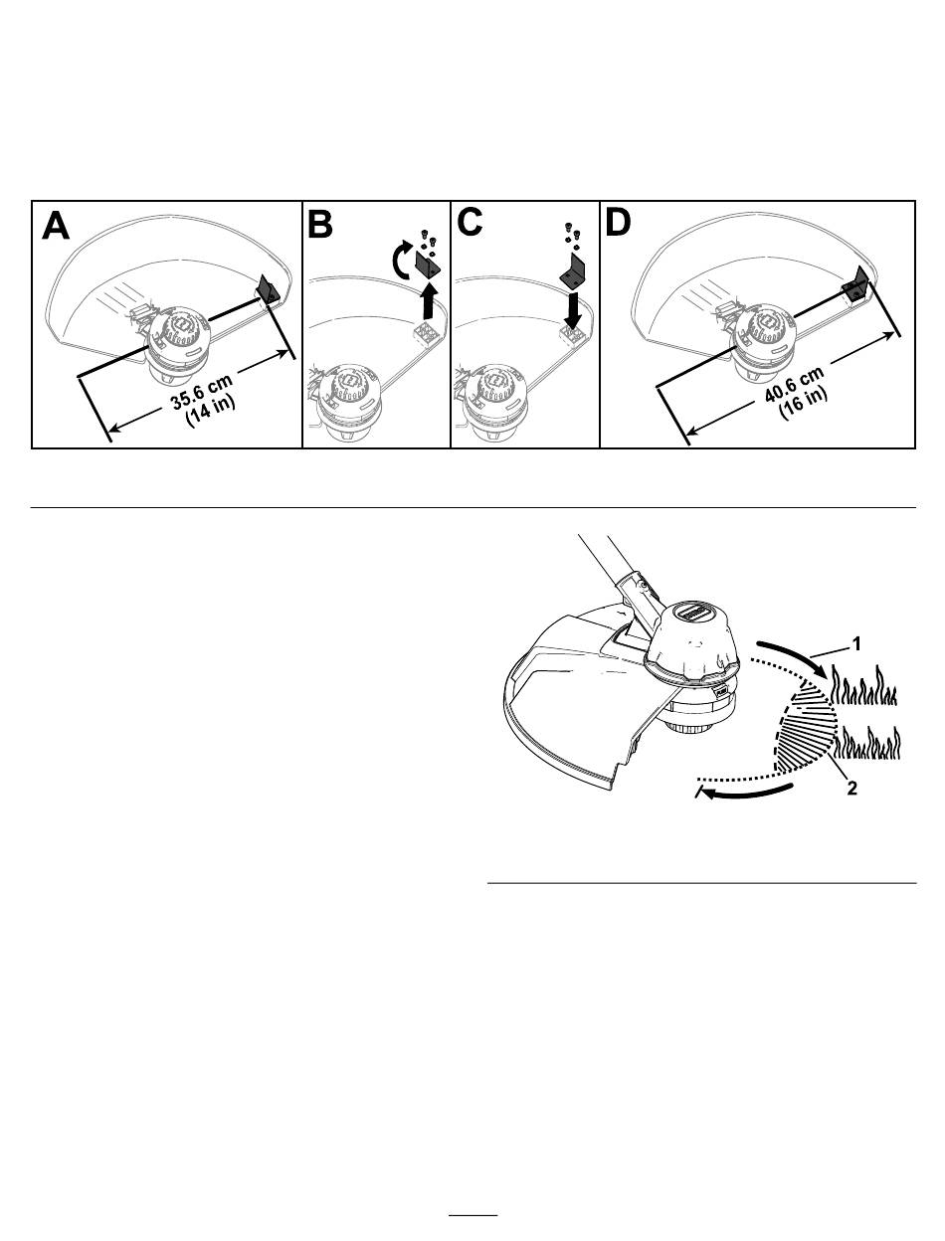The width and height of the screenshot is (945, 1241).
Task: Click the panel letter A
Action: coord(56,226)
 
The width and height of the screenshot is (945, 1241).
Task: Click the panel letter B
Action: coord(320,224)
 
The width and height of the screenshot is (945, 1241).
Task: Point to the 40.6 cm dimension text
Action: coord(794,384)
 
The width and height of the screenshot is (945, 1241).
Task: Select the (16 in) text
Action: coord(803,403)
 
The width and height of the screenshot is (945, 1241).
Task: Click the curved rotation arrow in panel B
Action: coord(401,260)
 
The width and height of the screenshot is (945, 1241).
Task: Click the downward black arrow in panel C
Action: coord(573,309)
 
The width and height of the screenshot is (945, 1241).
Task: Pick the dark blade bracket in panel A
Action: coord(268,290)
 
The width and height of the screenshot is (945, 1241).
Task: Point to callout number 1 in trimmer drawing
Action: coord(856,644)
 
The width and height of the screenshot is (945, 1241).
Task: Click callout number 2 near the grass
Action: coord(851,789)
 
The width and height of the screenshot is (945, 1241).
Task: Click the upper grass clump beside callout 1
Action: coord(864,686)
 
